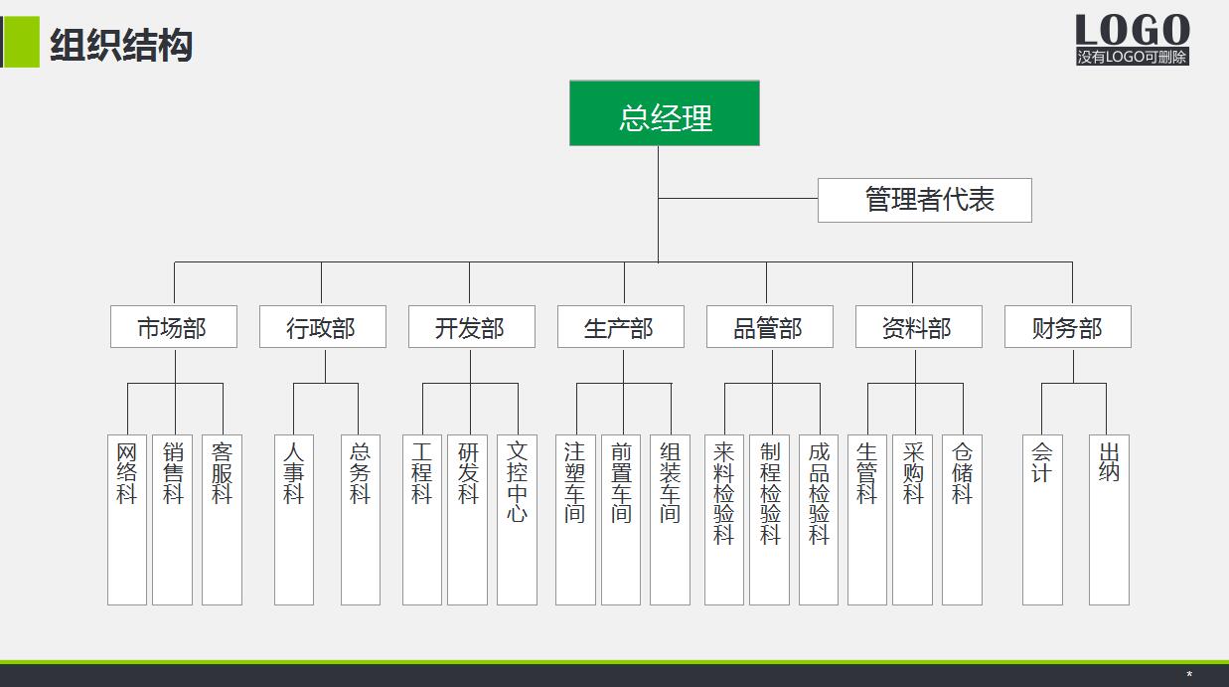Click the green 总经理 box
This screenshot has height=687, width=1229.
coord(664,113)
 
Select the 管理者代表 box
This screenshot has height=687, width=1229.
coord(924,200)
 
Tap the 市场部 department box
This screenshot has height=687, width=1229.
coord(173,327)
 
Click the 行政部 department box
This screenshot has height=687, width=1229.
coord(322,327)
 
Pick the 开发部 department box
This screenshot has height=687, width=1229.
coord(471,327)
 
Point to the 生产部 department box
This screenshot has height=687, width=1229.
coord(620,327)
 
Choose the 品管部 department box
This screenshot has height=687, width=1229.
coord(769,327)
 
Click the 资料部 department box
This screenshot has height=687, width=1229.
coord(918,327)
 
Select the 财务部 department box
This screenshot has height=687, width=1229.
coord(1067,327)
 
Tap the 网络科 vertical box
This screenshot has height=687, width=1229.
coord(127,519)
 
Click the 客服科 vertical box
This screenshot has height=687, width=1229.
coord(222,519)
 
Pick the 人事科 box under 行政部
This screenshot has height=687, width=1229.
coord(293,519)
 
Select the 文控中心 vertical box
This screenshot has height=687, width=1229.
coord(517,519)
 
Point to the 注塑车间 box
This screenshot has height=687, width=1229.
coord(575,519)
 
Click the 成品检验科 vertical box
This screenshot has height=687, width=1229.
coord(818,519)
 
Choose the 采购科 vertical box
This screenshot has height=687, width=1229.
coord(912,519)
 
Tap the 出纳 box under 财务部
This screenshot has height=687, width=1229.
coord(1109,519)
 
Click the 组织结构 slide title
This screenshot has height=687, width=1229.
coord(121,46)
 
